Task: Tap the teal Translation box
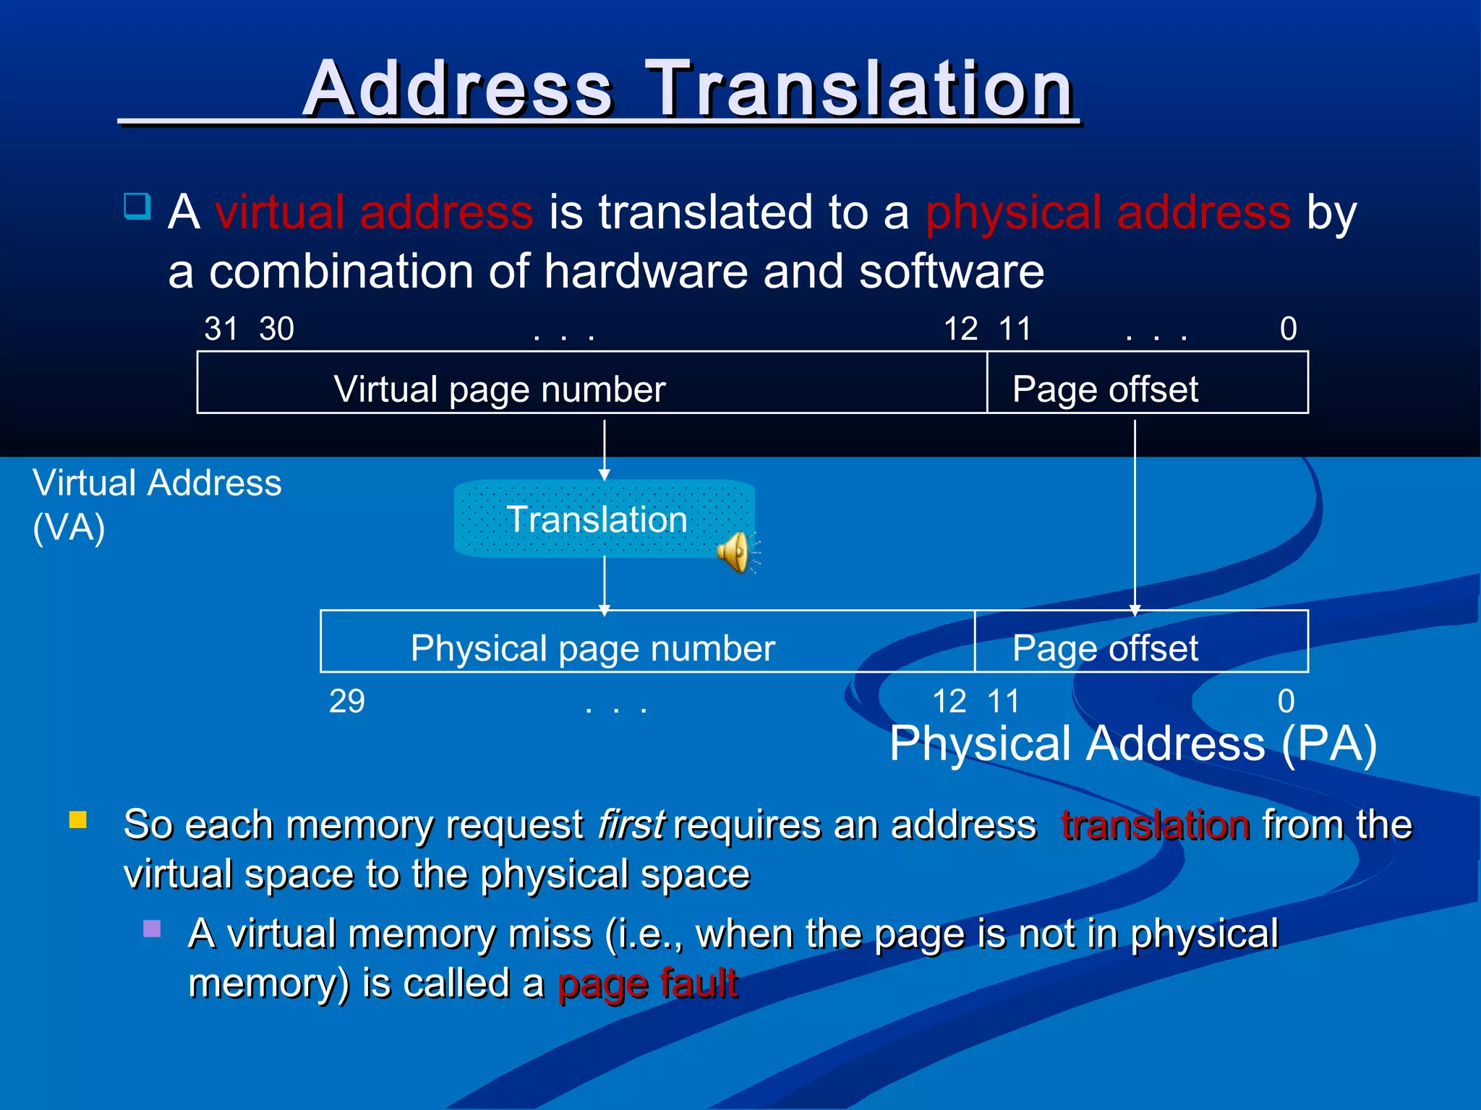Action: click(597, 519)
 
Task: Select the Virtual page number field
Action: click(592, 383)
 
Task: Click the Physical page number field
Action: click(647, 642)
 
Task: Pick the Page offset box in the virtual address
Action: click(1147, 383)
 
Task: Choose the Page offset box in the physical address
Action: click(1141, 642)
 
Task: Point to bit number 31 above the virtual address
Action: click(221, 330)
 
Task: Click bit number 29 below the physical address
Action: click(347, 702)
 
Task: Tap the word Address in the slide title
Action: click(458, 90)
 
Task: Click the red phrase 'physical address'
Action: click(1108, 212)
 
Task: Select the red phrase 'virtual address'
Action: click(374, 212)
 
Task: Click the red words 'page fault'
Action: click(648, 984)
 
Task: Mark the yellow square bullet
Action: click(78, 819)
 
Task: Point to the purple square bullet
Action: click(152, 929)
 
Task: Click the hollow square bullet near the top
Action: click(137, 206)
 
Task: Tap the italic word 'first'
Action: click(630, 825)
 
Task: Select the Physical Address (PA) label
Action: click(1132, 744)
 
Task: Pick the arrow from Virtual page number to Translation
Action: click(605, 450)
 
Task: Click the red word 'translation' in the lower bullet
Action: click(1155, 825)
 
